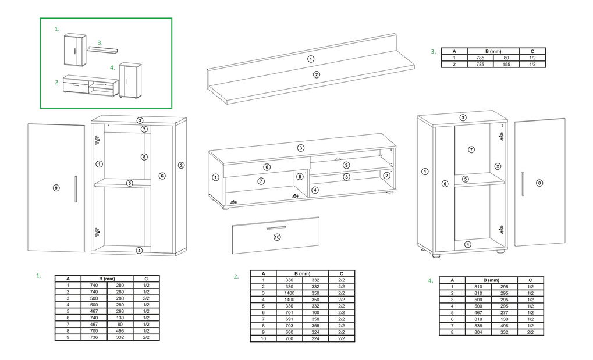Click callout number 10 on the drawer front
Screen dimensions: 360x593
pos(277,237)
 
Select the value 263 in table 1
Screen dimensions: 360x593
pos(120,311)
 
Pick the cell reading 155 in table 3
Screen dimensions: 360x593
pos(506,65)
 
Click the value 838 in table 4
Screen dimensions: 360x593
pos(478,325)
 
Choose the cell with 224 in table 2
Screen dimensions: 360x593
pos(315,338)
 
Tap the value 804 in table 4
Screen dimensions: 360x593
pos(478,332)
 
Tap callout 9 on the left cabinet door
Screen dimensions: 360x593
pos(56,187)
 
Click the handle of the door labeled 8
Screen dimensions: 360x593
pos(523,184)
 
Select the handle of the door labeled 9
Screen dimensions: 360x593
pos(76,189)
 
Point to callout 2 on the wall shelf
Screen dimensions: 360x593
pos(317,74)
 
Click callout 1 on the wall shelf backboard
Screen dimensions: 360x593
pos(310,59)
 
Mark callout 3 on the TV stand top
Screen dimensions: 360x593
pos(301,148)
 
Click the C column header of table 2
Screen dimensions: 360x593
pos(341,273)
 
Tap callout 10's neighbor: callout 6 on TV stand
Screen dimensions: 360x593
pos(267,167)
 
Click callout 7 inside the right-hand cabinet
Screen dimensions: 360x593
pos(471,149)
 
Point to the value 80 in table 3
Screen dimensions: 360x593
pos(506,58)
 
